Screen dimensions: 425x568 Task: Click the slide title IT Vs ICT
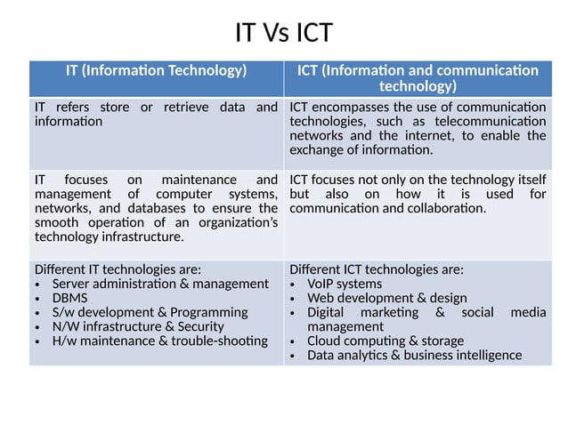(x=283, y=33)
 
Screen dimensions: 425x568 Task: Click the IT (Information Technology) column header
(x=156, y=70)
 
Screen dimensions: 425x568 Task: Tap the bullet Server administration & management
(x=154, y=284)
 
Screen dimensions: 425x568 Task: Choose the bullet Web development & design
(x=386, y=298)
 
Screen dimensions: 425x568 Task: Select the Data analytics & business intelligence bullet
(x=414, y=355)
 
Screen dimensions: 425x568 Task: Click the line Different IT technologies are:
(x=118, y=269)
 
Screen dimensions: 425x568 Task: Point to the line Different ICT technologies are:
(x=377, y=269)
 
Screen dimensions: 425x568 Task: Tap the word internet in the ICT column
(x=430, y=135)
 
